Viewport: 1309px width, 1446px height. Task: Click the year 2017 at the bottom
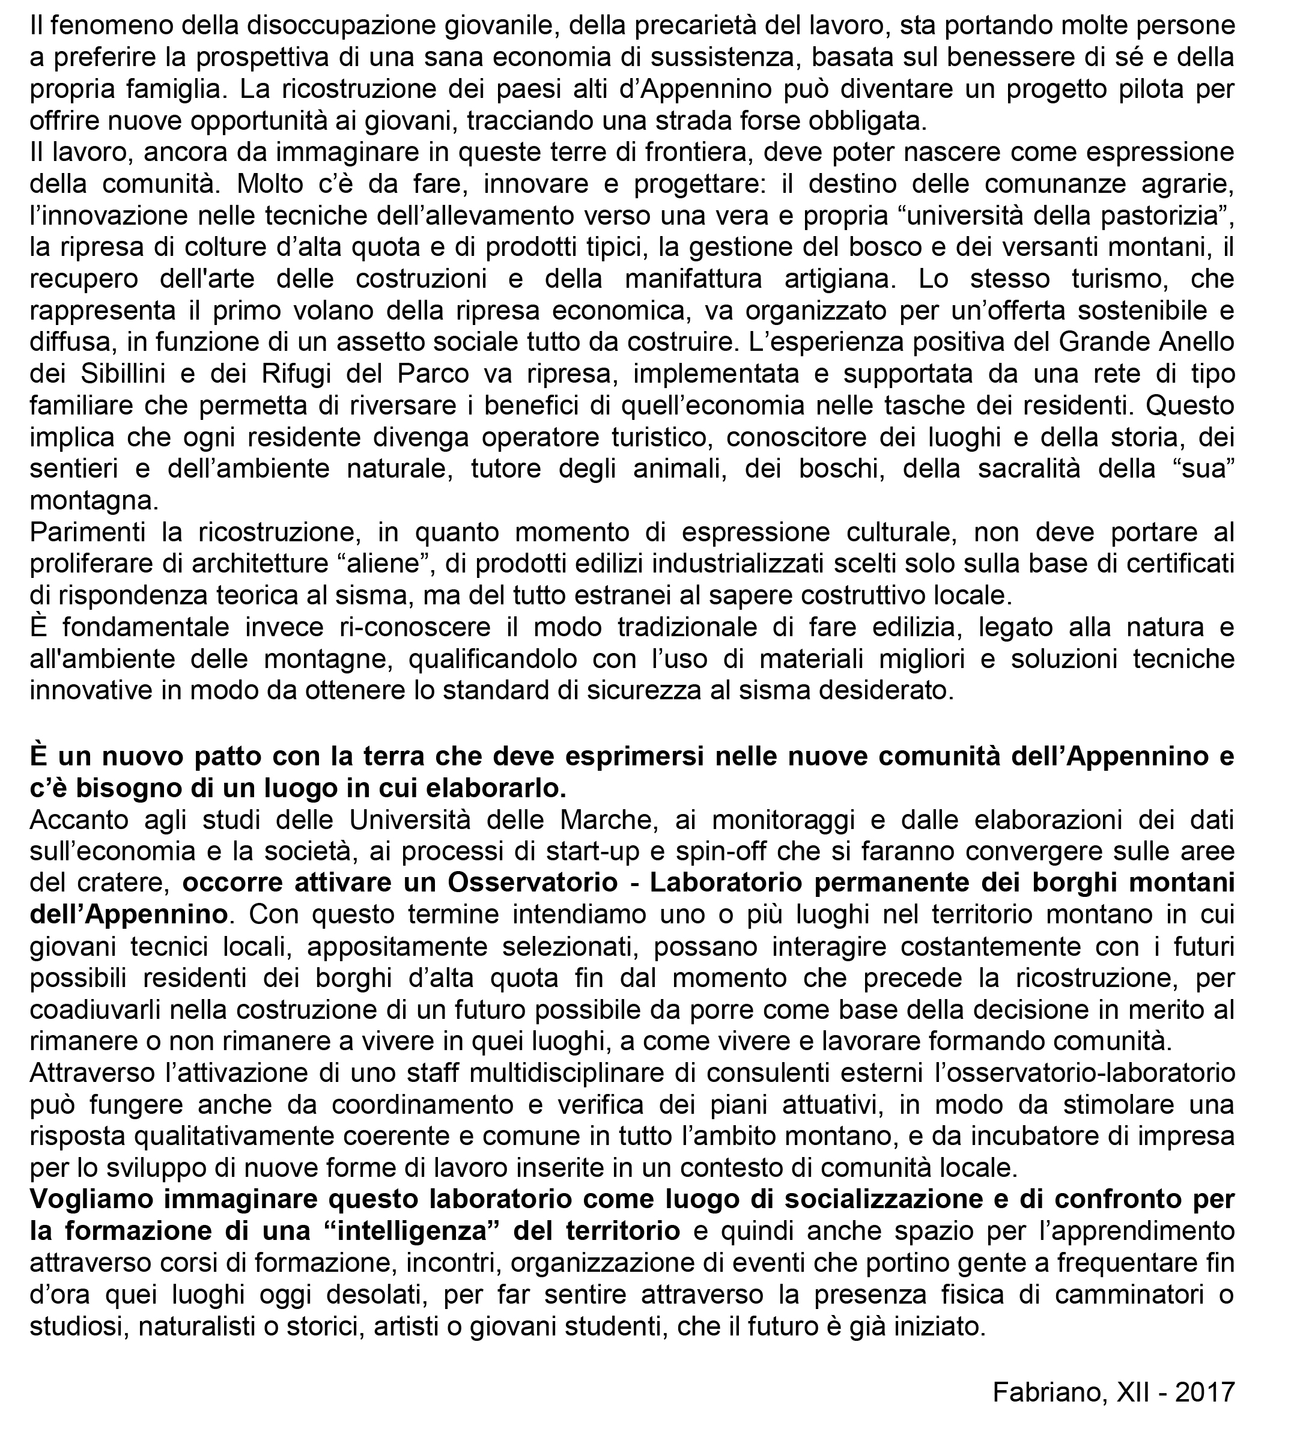pos(1204,1392)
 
